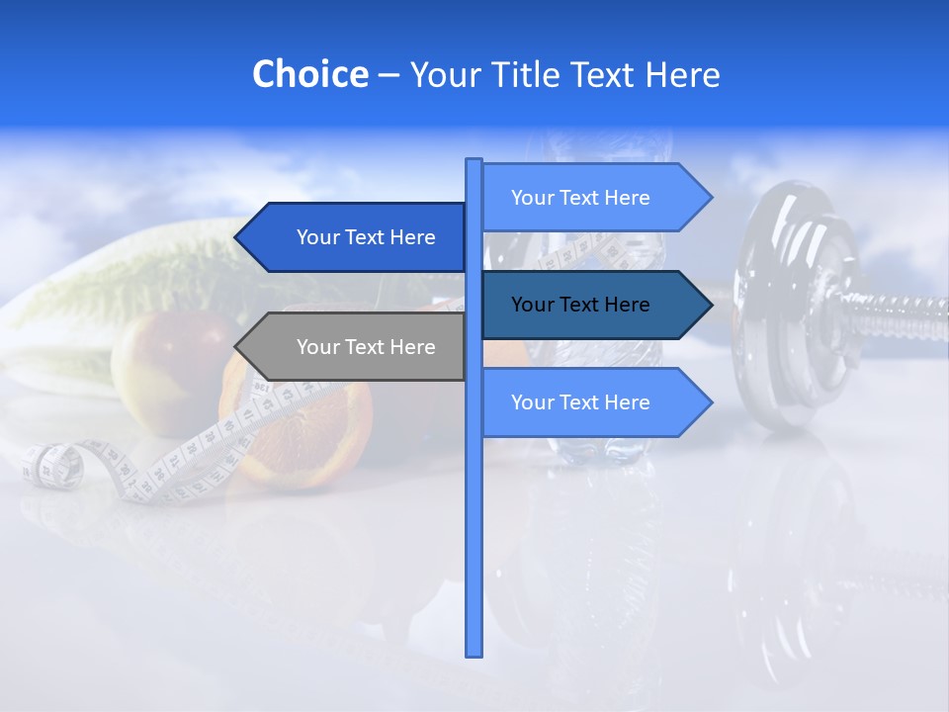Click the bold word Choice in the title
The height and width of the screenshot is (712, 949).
point(309,75)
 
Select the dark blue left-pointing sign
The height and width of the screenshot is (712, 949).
point(356,237)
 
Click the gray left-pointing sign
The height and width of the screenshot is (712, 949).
point(356,347)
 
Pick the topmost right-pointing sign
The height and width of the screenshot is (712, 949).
point(588,198)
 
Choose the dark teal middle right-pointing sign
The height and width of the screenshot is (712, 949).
point(588,305)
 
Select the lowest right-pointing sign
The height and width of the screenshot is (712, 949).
point(588,402)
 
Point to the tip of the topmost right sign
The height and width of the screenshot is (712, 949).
point(710,198)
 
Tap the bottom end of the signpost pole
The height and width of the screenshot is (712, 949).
point(474,652)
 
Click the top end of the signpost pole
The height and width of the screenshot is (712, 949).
point(474,162)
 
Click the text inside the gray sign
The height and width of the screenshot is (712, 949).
point(366,347)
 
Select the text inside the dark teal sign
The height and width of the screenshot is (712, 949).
point(580,305)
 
